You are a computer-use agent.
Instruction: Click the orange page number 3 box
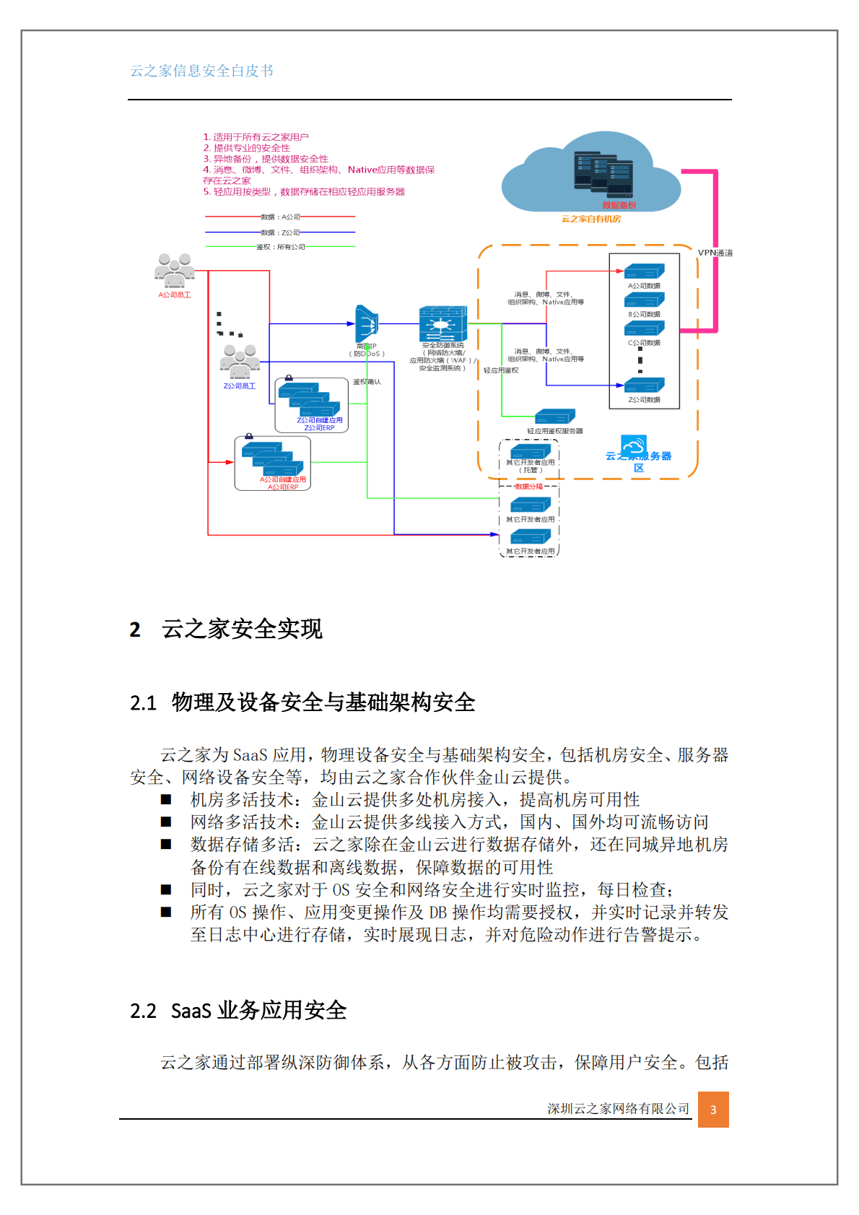713,1110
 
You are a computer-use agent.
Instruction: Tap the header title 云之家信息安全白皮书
201,71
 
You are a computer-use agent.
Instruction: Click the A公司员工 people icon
175,271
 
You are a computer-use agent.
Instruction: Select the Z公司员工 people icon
240,362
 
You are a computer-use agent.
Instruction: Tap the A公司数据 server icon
644,271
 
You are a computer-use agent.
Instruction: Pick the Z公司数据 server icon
644,386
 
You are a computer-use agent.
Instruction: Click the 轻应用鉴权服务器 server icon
554,417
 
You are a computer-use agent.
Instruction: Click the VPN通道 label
715,253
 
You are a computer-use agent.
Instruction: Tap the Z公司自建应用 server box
311,404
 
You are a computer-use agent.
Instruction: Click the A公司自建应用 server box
273,463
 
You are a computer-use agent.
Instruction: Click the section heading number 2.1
143,702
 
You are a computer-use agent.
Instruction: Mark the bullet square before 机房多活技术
166,799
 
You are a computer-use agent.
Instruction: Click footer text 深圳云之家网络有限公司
618,1109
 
